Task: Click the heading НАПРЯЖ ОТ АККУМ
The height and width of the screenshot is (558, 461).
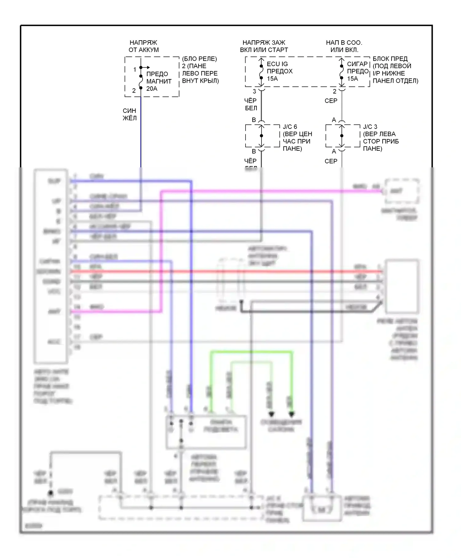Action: click(143, 46)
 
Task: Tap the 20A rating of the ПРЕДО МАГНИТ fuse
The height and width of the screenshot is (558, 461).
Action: click(152, 89)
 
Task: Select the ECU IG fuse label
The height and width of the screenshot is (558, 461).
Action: click(277, 64)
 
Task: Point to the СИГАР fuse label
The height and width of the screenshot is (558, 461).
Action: click(357, 64)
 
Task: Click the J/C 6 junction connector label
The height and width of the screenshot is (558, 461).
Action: click(290, 127)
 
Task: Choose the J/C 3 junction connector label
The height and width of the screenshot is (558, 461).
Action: click(370, 127)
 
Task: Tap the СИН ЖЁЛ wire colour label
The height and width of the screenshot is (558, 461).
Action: click(129, 114)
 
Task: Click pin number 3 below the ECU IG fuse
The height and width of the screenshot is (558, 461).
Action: click(254, 91)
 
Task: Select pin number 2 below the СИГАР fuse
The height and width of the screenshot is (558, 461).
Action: click(334, 91)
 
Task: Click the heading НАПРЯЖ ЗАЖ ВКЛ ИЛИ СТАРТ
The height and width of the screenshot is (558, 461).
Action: click(264, 46)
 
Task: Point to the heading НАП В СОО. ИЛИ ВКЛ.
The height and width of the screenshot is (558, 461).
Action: click(344, 46)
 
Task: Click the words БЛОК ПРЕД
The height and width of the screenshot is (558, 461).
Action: click(390, 58)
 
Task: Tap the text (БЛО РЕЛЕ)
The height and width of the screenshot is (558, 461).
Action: click(199, 58)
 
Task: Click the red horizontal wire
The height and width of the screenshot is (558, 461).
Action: click(215, 272)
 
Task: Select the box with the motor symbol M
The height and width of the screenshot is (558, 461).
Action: click(322, 509)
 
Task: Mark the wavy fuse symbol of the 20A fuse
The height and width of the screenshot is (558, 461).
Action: click(141, 82)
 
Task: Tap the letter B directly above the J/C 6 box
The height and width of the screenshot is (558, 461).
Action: click(254, 120)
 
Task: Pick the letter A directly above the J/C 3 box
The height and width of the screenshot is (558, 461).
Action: click(334, 120)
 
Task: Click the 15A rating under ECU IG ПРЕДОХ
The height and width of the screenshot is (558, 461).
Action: click(272, 79)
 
